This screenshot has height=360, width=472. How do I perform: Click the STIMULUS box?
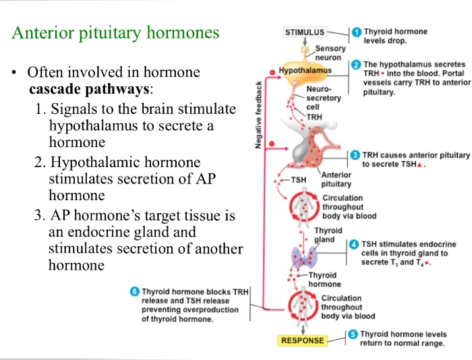pos(304,32)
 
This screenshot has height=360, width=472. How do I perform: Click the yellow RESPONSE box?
pos(303,340)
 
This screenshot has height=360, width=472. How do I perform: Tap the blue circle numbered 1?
pos(357,32)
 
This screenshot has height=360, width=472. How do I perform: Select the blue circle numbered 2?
pos(357,65)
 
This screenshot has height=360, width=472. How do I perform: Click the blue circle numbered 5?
pos(355,334)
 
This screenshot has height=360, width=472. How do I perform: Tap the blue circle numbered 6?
pos(135,291)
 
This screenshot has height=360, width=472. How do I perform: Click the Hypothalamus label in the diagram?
pos(305,70)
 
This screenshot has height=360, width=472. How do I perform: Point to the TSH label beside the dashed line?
pos(298,180)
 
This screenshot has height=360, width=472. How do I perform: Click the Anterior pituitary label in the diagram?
pos(336,179)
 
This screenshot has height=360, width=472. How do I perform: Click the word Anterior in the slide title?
pos(45,32)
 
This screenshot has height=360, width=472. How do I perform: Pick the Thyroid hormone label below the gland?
pos(324,279)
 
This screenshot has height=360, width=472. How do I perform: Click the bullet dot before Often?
pos(13,72)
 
